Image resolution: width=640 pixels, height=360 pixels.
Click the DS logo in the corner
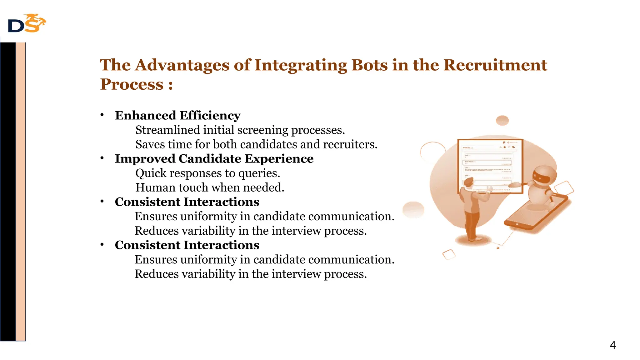27,23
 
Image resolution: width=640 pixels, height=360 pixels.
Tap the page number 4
612,345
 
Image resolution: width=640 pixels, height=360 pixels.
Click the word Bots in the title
369,65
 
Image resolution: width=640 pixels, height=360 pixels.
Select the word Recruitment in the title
495,65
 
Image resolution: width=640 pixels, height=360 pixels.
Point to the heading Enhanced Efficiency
177,116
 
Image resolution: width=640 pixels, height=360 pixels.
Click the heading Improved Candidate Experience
214,159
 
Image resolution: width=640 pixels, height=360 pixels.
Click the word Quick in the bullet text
151,173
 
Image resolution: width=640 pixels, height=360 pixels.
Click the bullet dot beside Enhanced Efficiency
102,115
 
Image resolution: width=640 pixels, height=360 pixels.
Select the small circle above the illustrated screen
502,120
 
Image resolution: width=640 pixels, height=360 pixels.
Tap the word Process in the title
132,84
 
